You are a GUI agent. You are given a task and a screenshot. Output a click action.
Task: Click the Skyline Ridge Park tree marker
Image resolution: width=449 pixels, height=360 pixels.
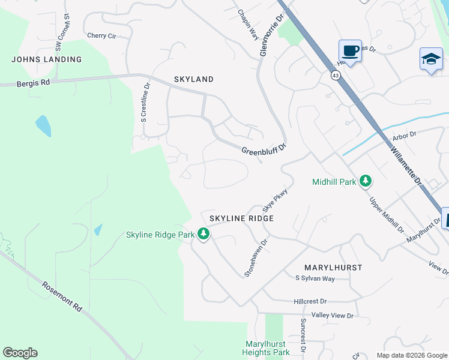coord(203,234)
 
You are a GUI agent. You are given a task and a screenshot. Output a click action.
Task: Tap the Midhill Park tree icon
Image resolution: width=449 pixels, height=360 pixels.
coord(365,181)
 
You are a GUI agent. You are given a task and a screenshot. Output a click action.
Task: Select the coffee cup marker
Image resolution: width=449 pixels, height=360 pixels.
coord(349,50)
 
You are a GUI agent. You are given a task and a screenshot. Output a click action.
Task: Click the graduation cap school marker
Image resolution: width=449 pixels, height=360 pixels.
coord(430,59)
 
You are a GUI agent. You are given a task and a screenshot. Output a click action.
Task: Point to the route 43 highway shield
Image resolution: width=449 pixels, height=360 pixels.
coord(334,75)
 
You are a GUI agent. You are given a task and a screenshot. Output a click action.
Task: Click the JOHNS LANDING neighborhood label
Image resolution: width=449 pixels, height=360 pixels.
coord(47,59)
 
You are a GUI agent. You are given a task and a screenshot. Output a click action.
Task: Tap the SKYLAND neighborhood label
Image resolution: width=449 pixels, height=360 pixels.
coord(193,79)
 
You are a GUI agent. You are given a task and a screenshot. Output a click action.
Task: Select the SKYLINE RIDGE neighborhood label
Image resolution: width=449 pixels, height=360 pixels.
coord(241,218)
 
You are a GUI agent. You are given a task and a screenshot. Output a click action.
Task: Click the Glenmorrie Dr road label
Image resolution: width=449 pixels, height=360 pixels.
coord(271,35)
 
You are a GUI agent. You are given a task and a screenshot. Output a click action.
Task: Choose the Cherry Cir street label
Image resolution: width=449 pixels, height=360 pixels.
coord(101,36)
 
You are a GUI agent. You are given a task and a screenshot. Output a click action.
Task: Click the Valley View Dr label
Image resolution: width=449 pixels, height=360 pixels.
coord(333,316)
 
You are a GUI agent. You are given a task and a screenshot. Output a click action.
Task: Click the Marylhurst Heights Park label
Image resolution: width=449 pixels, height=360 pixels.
coord(268,348)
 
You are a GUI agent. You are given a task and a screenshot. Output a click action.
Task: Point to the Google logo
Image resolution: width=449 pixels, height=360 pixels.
coord(20,353)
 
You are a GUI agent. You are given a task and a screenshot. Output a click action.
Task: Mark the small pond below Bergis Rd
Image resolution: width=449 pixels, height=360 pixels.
coord(43,126)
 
